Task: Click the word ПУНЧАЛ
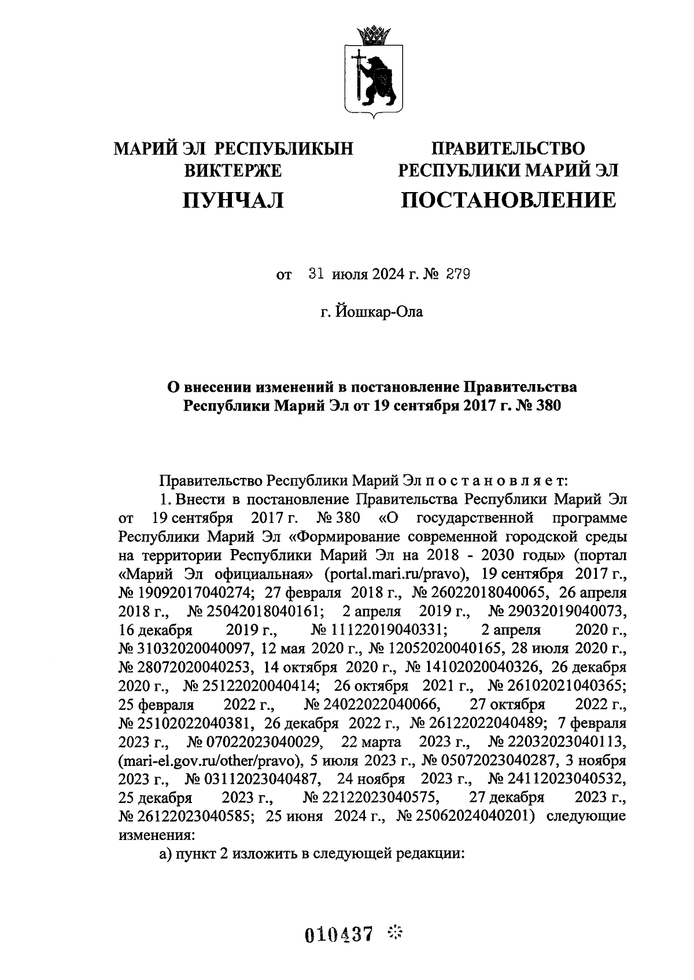click(233, 200)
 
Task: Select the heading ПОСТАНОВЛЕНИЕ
click(508, 200)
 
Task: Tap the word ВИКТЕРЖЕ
click(232, 171)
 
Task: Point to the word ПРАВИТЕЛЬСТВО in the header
click(508, 149)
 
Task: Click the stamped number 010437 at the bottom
click(338, 934)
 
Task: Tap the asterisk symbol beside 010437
click(395, 932)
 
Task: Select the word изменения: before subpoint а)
click(157, 836)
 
